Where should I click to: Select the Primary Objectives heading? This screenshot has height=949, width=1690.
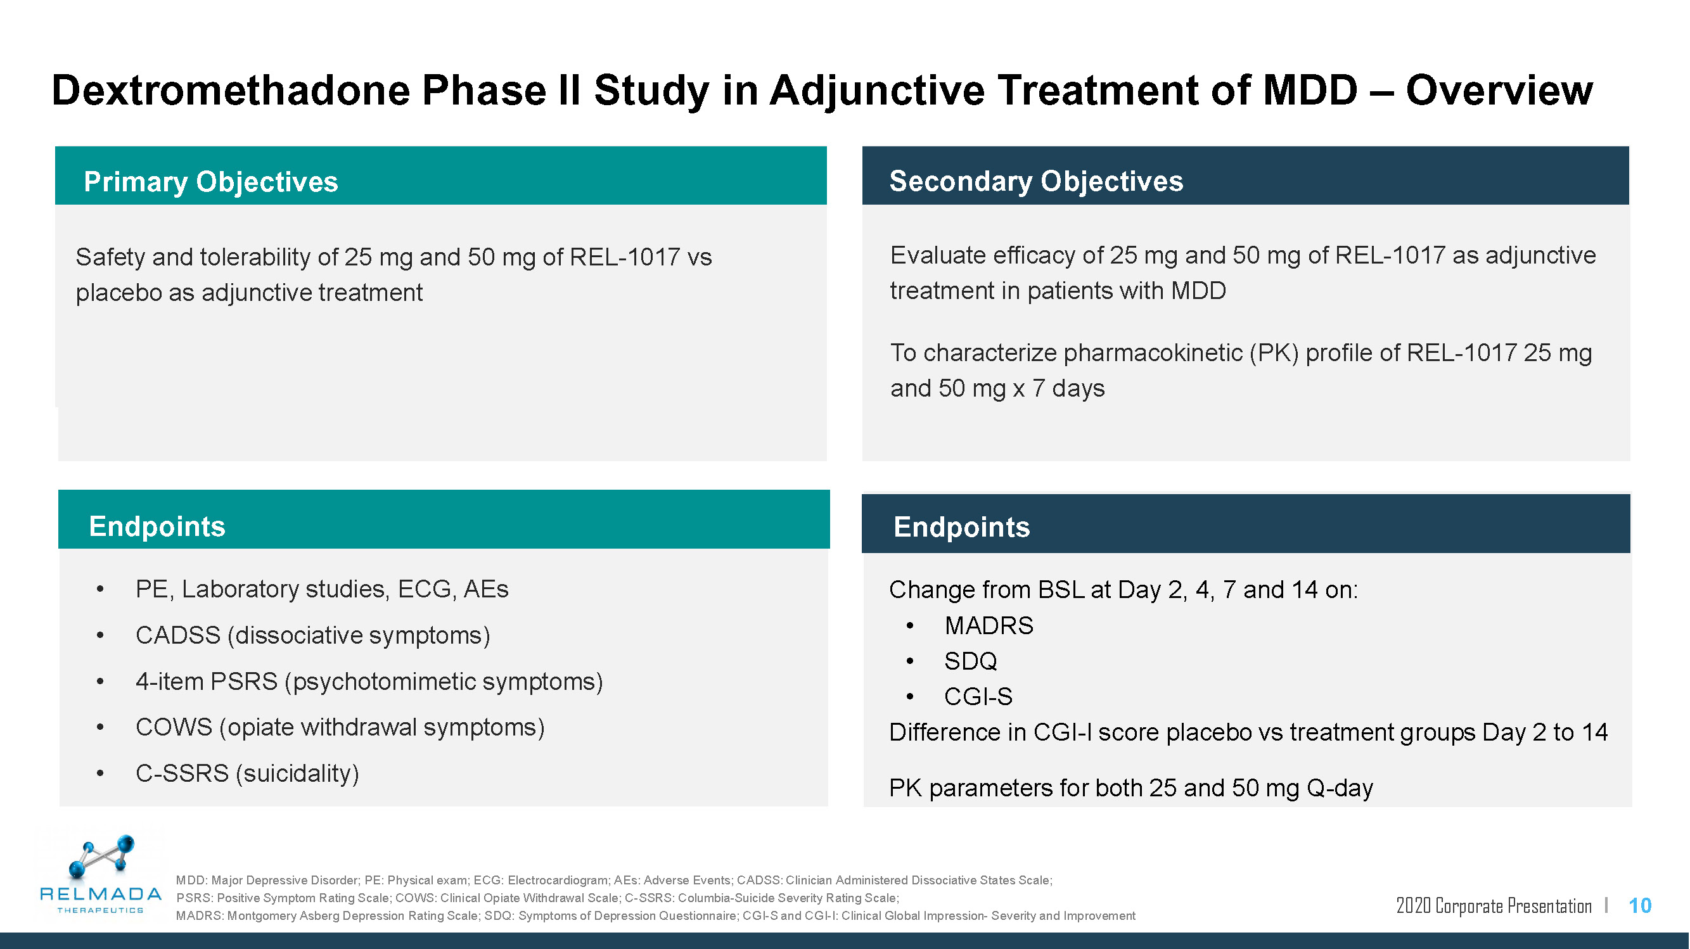tap(210, 182)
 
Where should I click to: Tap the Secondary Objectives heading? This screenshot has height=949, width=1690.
tap(1036, 181)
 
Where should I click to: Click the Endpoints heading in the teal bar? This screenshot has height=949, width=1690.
tap(157, 526)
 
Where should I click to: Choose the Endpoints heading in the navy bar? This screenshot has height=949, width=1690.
tap(961, 526)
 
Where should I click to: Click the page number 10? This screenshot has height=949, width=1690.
tap(1639, 906)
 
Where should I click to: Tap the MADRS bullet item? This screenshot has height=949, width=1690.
tap(988, 626)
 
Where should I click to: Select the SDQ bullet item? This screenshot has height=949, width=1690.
tap(970, 661)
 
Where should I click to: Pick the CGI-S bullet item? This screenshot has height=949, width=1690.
tap(978, 696)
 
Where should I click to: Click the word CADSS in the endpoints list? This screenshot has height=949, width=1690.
tap(178, 635)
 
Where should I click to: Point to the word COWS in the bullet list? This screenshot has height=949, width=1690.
tap(174, 727)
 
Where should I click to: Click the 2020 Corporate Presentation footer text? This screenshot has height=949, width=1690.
tap(1493, 906)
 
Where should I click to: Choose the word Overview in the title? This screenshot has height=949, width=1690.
tap(1499, 90)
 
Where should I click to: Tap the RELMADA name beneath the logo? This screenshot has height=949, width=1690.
tap(100, 893)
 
